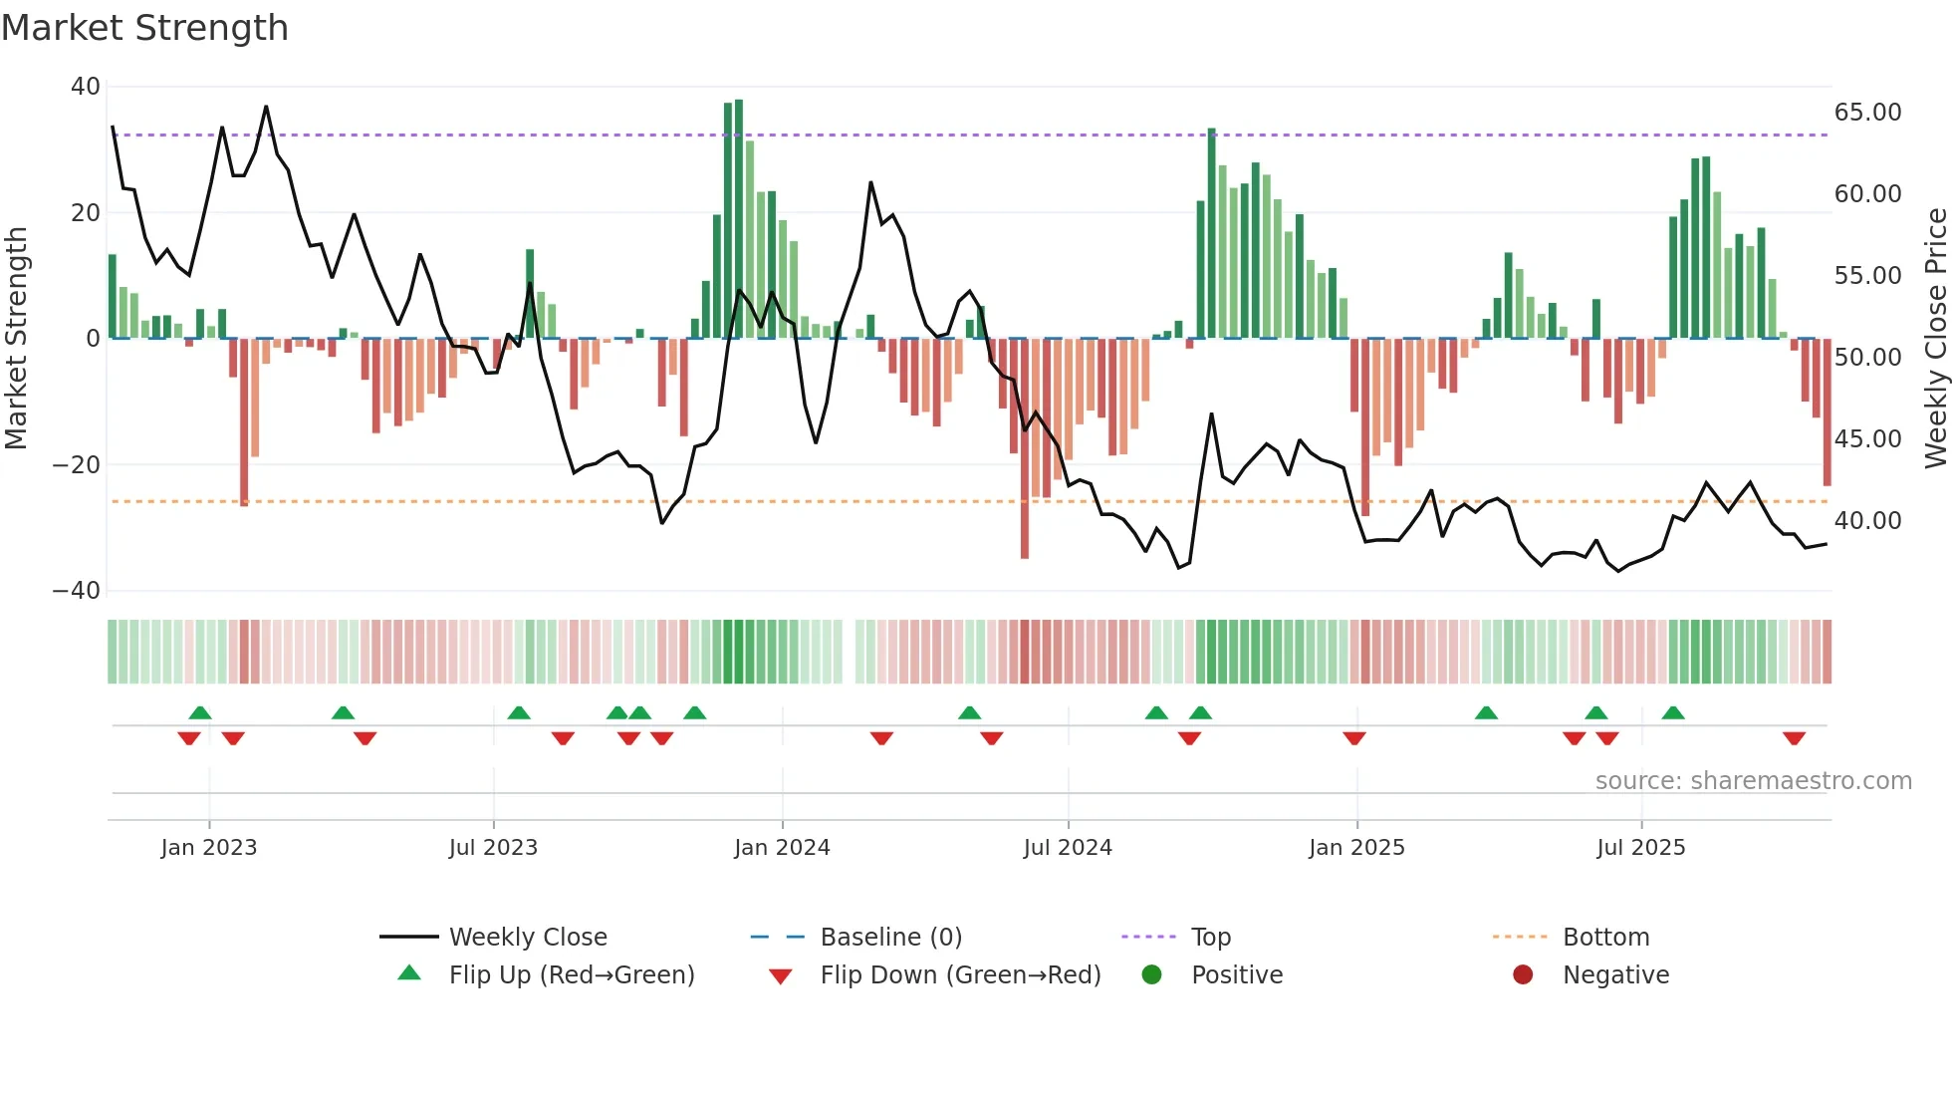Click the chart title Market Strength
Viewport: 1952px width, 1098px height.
[144, 28]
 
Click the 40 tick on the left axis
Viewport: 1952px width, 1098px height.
[86, 87]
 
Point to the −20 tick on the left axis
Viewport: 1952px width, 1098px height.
[77, 464]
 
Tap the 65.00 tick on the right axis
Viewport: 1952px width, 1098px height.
[1867, 113]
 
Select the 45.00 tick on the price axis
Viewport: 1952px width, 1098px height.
[1867, 439]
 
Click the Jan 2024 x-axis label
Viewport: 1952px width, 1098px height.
[782, 848]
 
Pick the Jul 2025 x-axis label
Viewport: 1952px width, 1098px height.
[1640, 848]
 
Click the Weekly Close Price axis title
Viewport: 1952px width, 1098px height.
[1935, 339]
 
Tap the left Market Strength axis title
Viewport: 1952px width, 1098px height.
[17, 339]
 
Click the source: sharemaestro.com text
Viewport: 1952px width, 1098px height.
[1753, 781]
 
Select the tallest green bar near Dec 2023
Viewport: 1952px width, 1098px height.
[739, 219]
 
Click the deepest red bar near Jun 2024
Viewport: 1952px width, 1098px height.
[1025, 448]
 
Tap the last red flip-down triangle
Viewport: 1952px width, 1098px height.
[1795, 738]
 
